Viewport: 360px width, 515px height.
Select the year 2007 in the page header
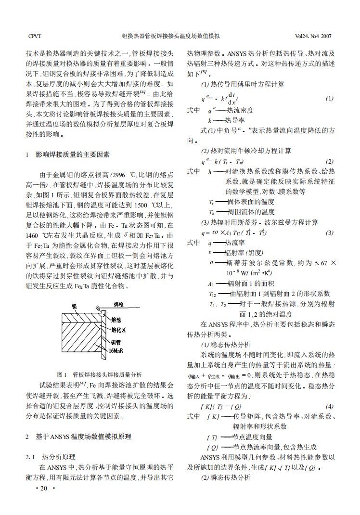[326, 36]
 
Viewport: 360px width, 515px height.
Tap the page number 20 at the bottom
[44, 489]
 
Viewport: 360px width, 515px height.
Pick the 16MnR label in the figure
[116, 351]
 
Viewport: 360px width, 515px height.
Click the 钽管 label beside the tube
[116, 343]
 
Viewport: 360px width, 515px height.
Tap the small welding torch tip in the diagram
[98, 308]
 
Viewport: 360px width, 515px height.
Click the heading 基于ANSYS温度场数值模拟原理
[84, 437]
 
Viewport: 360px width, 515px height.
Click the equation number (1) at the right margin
[329, 99]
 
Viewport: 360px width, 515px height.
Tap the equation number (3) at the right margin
[329, 233]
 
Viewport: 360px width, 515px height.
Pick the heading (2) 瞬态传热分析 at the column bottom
[226, 477]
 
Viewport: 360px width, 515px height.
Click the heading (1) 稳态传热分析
[226, 345]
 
